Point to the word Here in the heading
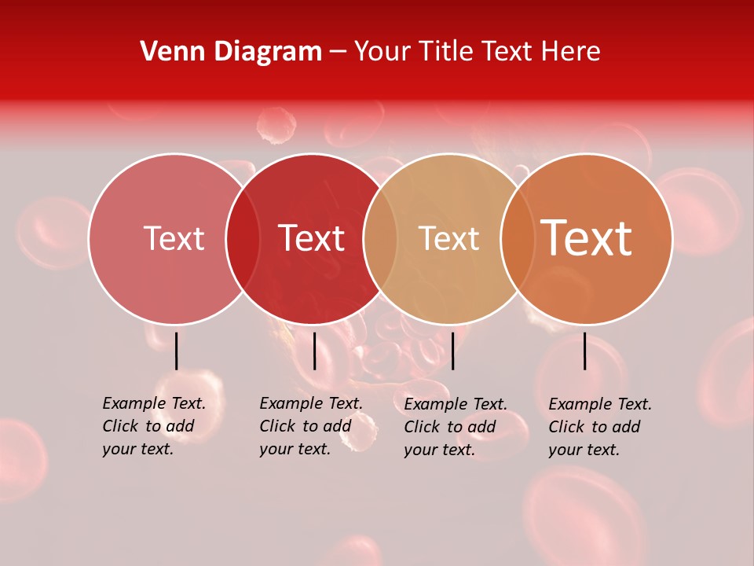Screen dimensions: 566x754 pyautogui.click(x=572, y=51)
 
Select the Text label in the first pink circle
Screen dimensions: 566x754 pyautogui.click(x=174, y=238)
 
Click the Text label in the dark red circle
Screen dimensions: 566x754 pyautogui.click(x=312, y=238)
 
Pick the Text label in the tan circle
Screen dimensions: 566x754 pyautogui.click(x=448, y=238)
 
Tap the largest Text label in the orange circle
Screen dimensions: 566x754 pyautogui.click(x=586, y=237)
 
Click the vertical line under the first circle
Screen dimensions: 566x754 pyautogui.click(x=177, y=351)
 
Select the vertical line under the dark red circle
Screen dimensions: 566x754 pyautogui.click(x=314, y=351)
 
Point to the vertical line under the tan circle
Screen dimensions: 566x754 pyautogui.click(x=452, y=351)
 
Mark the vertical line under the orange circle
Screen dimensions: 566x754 pyautogui.click(x=585, y=351)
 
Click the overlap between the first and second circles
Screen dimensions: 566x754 pyautogui.click(x=243, y=238)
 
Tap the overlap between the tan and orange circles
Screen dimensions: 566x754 pyautogui.click(x=517, y=238)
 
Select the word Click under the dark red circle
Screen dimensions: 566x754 pyautogui.click(x=278, y=426)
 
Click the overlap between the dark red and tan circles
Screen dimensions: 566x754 pyautogui.click(x=380, y=238)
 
